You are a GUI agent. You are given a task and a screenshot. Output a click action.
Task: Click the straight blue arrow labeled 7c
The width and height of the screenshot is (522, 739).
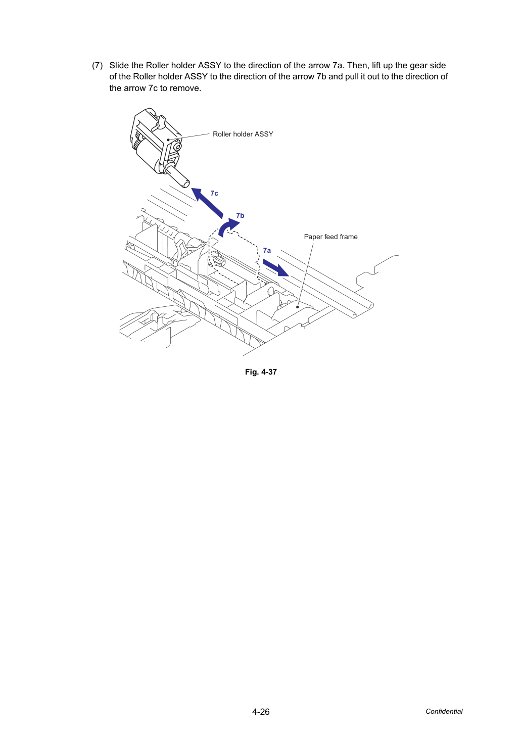tap(207, 203)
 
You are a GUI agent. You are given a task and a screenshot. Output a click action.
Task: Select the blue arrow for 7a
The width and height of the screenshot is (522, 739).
tap(276, 267)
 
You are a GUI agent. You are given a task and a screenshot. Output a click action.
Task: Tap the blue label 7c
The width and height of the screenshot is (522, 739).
tap(214, 193)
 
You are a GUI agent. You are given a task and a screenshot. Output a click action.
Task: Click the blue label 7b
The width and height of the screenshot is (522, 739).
tap(240, 215)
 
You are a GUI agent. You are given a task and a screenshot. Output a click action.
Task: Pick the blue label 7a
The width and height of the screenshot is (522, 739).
tap(267, 250)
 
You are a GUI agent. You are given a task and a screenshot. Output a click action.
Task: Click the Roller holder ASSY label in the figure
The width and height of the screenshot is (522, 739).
tap(243, 134)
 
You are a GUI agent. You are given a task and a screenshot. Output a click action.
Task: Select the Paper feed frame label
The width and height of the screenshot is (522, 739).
tap(331, 237)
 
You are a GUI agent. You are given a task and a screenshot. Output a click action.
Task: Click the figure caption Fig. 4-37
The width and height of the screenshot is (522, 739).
tap(261, 372)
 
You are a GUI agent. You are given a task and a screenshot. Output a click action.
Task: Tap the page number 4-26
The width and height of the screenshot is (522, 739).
tap(261, 712)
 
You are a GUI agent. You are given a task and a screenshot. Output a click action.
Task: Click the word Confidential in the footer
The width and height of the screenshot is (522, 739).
tap(444, 711)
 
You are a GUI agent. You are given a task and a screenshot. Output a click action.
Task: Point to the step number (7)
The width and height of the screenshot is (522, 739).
tap(98, 65)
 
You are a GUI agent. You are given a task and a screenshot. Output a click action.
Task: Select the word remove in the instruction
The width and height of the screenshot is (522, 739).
tap(187, 88)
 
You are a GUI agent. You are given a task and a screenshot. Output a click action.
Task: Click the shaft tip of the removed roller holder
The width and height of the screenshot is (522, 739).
tap(186, 183)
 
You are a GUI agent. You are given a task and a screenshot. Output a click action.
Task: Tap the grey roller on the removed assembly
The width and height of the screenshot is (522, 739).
tap(147, 156)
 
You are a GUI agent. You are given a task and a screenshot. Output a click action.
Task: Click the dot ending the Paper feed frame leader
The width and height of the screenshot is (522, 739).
tap(298, 307)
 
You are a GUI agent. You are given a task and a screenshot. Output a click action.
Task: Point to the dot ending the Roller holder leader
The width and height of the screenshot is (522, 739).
tap(168, 140)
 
